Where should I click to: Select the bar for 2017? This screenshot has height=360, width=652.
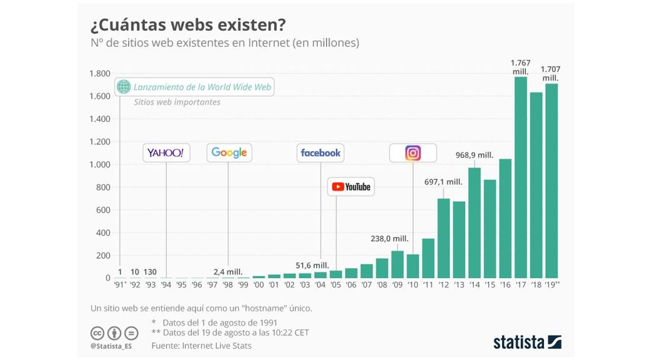click(520, 177)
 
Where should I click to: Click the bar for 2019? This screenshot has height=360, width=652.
click(551, 181)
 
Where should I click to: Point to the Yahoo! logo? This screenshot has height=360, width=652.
click(165, 152)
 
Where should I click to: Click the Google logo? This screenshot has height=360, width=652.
click(229, 152)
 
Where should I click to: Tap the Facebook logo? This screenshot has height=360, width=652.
click(320, 152)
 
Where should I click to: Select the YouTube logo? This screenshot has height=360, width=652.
click(351, 186)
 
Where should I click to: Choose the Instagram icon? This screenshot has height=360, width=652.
click(413, 152)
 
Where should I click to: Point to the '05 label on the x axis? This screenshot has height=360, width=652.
click(335, 285)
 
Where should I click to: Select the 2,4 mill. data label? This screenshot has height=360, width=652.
click(228, 271)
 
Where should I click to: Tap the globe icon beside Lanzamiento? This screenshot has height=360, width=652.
click(124, 87)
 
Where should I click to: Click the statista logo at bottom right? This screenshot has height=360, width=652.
click(527, 342)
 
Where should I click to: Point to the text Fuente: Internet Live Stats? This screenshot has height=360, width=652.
click(201, 345)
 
